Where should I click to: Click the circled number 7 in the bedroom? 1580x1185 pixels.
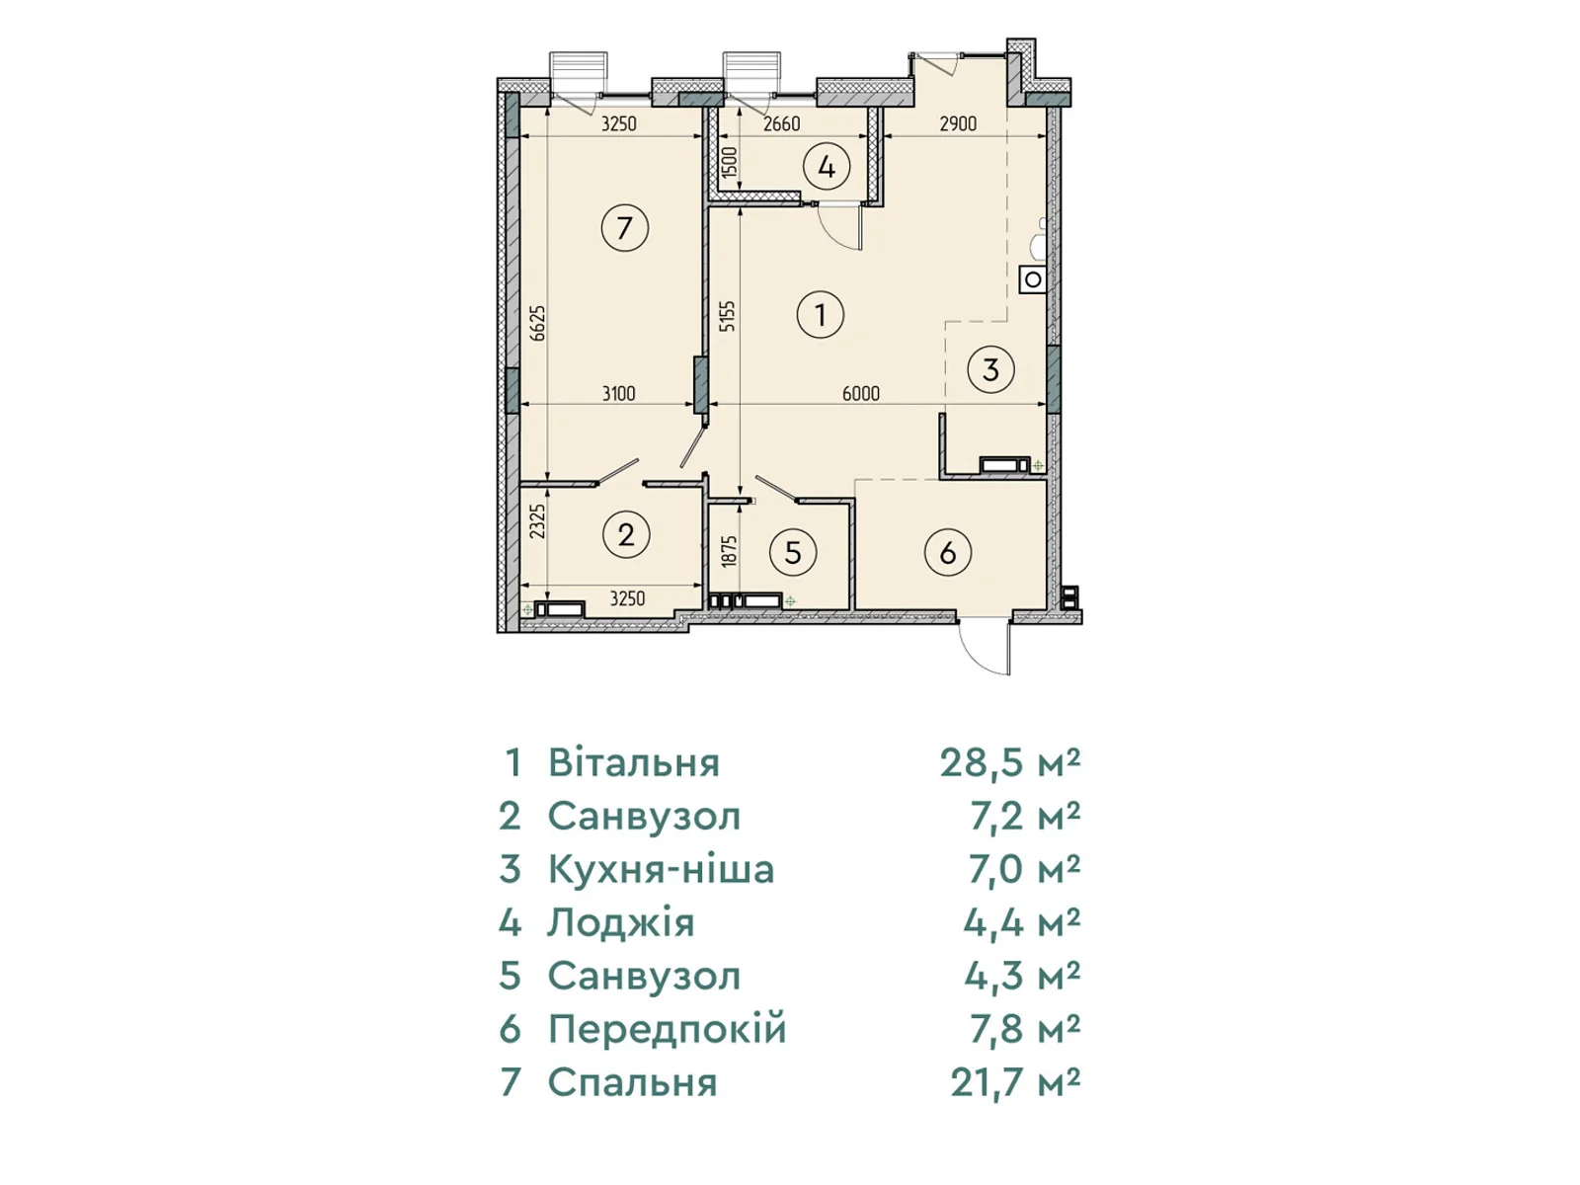point(624,228)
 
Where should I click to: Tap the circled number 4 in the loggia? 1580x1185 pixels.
point(827,168)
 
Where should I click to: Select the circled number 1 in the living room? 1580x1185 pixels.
point(820,314)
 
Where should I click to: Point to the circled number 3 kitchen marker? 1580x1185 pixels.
point(990,369)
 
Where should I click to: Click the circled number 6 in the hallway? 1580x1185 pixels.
point(947,553)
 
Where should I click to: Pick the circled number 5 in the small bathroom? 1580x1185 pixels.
point(793,553)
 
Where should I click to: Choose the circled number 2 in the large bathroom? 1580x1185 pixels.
point(625,535)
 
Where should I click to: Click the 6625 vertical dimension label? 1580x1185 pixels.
point(538,323)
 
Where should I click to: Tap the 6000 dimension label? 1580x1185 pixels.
point(860,394)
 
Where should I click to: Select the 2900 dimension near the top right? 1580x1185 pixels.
point(958,123)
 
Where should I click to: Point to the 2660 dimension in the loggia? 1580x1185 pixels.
point(781,123)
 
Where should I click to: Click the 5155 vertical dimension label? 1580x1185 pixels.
point(729,316)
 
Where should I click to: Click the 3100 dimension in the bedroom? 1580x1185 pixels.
point(618,394)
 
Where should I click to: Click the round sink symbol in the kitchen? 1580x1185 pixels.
point(1033,279)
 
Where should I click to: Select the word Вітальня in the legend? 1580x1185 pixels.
point(634,762)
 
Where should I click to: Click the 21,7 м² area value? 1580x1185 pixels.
point(1015,1083)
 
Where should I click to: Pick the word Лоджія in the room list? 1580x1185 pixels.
point(621,922)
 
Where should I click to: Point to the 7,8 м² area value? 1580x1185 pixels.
point(1024,1030)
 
